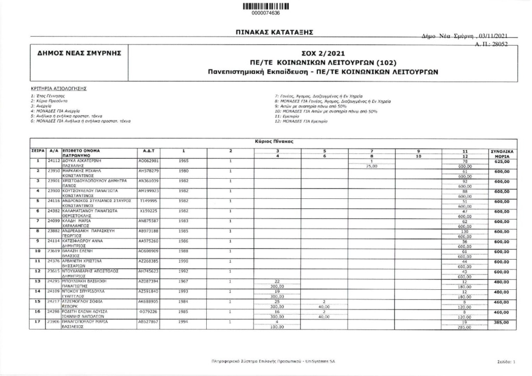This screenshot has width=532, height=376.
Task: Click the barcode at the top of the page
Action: click(x=265, y=6)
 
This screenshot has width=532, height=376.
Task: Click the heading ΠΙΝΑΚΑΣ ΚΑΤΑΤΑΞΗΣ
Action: click(x=273, y=33)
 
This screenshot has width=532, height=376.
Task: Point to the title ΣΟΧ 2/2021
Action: click(x=323, y=53)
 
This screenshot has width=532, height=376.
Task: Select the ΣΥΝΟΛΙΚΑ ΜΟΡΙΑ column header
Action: click(x=502, y=153)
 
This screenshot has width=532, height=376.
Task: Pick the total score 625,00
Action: click(x=502, y=162)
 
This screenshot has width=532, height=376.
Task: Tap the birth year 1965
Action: click(x=183, y=161)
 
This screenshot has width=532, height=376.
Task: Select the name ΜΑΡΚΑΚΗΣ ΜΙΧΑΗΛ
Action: click(x=84, y=170)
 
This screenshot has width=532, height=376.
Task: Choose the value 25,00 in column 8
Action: click(x=371, y=166)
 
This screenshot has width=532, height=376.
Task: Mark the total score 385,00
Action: click(x=502, y=323)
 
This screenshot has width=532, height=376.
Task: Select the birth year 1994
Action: click(x=183, y=321)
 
